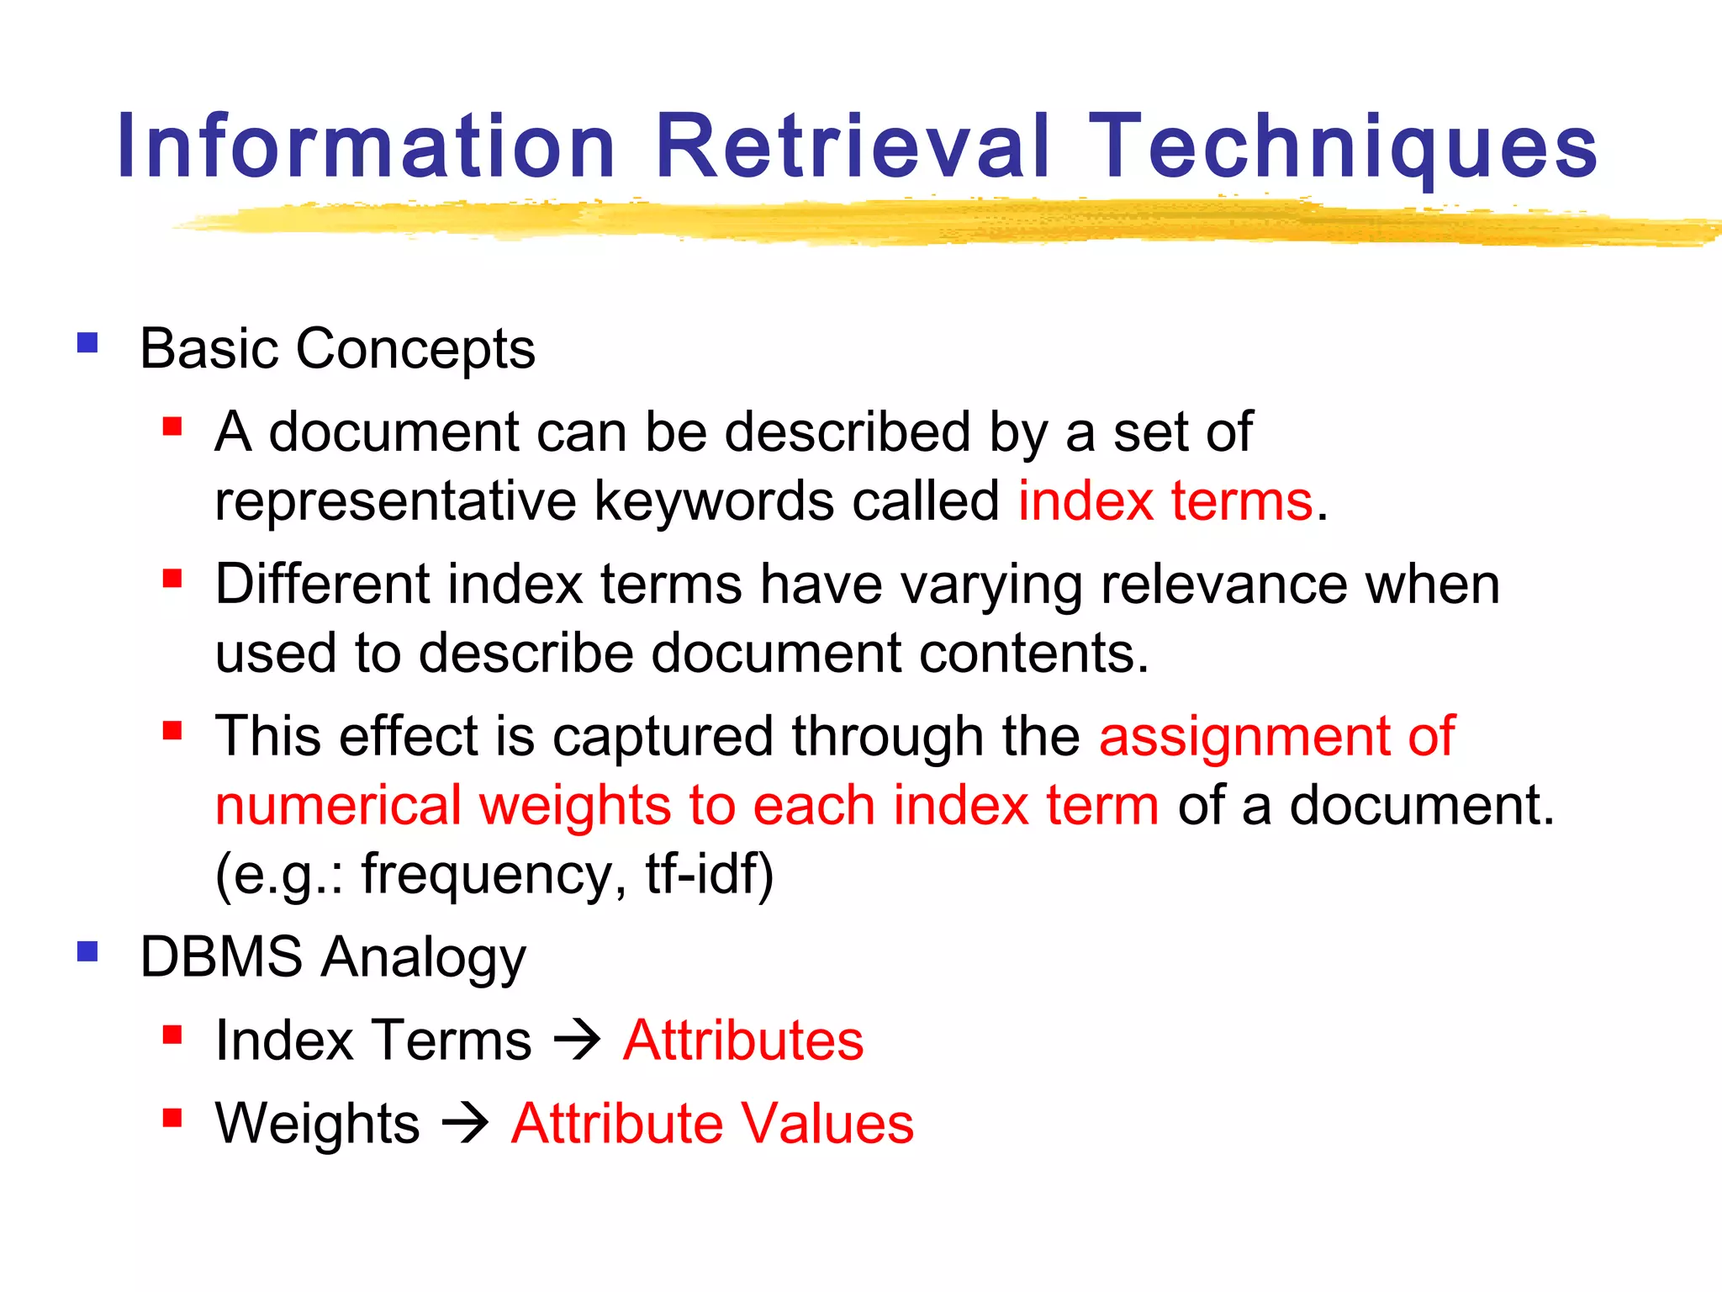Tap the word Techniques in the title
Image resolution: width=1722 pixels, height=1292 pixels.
pyautogui.click(x=1344, y=147)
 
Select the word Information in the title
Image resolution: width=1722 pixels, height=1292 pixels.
pyautogui.click(x=367, y=147)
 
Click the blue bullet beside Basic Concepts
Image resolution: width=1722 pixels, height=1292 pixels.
pyautogui.click(x=87, y=343)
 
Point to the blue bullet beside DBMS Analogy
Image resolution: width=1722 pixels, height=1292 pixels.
pyautogui.click(x=87, y=951)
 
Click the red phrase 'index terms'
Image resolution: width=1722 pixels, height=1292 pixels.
pyautogui.click(x=1165, y=501)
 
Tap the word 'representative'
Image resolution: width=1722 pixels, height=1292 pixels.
pyautogui.click(x=395, y=501)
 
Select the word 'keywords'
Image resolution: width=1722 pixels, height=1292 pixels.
pyautogui.click(x=714, y=501)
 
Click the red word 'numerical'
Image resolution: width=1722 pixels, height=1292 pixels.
pyautogui.click(x=338, y=805)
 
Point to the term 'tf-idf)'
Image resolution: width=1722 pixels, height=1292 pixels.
pyautogui.click(x=709, y=874)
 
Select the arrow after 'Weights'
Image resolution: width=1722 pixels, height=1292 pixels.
pyautogui.click(x=466, y=1123)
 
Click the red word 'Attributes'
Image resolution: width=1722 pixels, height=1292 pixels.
pyautogui.click(x=743, y=1040)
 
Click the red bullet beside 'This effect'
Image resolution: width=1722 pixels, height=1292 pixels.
pyautogui.click(x=172, y=730)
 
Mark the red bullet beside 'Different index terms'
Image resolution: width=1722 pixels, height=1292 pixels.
pyautogui.click(x=172, y=578)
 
